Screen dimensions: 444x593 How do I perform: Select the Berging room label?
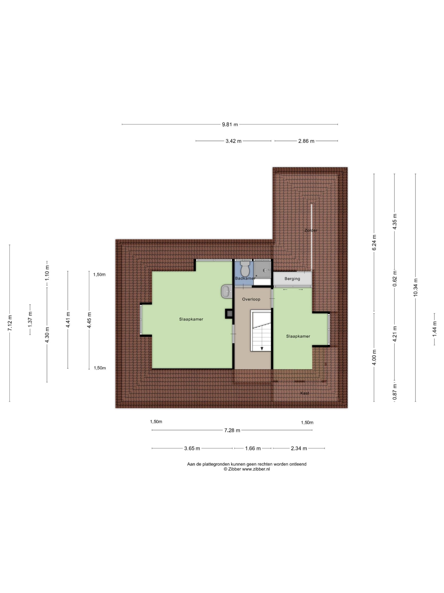pyautogui.click(x=292, y=278)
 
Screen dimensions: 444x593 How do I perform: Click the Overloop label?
pyautogui.click(x=251, y=299)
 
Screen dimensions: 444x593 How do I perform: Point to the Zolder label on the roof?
pyautogui.click(x=311, y=230)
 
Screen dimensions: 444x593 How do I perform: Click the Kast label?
pyautogui.click(x=305, y=393)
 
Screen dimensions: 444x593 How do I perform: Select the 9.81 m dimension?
pyautogui.click(x=230, y=124)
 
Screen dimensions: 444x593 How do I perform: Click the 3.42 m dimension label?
pyautogui.click(x=233, y=141)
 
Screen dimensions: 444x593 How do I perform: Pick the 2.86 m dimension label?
pyautogui.click(x=306, y=141)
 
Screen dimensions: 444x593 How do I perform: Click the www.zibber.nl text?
pyautogui.click(x=256, y=469)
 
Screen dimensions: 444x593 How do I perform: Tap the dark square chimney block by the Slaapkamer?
pyautogui.click(x=228, y=314)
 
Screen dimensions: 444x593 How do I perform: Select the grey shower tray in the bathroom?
pyautogui.click(x=262, y=269)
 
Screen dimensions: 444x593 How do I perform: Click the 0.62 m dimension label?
pyautogui.click(x=395, y=278)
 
